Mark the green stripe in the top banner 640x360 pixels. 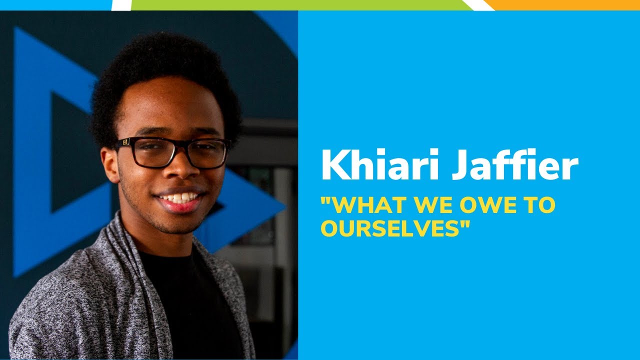tap(300, 4)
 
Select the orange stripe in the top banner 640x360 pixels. tap(565, 4)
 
